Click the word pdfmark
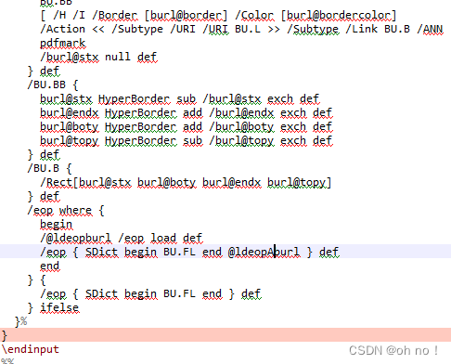point(60,43)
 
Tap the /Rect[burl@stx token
point(82,182)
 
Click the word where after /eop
point(75,210)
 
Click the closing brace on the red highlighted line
point(5,334)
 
